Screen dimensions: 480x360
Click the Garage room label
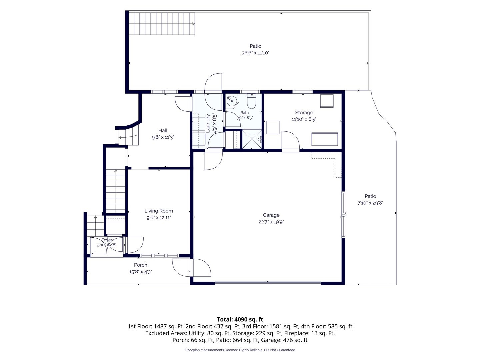[271, 215]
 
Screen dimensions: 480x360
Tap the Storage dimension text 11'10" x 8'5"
[304, 119]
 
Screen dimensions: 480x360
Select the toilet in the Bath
[251, 101]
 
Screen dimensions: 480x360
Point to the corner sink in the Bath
[232, 101]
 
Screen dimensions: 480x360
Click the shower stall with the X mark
[252, 139]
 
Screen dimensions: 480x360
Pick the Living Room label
[159, 211]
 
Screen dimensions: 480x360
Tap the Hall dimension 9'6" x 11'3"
[163, 137]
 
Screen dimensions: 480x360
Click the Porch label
[140, 265]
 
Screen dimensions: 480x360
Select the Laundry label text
[208, 123]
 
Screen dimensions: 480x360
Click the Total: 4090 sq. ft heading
[240, 319]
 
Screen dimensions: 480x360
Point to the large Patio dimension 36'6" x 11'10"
[255, 53]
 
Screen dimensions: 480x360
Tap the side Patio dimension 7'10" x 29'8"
[370, 203]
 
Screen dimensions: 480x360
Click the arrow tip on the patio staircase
[194, 24]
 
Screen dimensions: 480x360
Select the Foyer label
[107, 240]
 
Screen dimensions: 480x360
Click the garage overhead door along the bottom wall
[268, 283]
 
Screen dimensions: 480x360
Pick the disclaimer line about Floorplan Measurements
[240, 350]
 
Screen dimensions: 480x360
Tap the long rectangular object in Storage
[325, 139]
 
